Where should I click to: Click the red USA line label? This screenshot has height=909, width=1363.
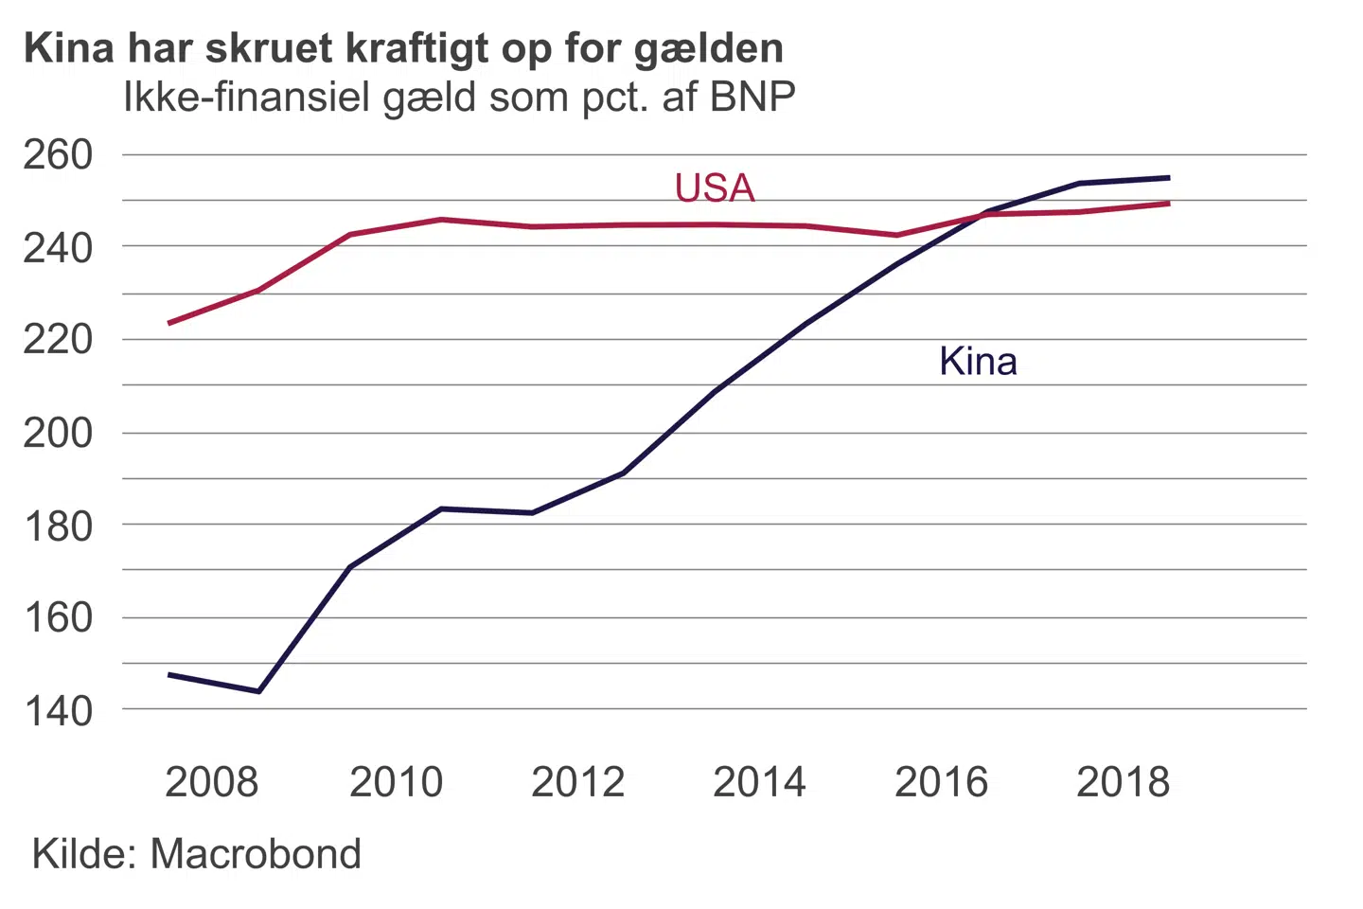coord(715,187)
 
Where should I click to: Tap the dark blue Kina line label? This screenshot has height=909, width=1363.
coord(978,361)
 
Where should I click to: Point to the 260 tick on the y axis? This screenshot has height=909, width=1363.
coord(59,154)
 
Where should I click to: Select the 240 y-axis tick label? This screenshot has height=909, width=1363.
coord(59,247)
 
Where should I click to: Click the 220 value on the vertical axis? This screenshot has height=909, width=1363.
coord(59,339)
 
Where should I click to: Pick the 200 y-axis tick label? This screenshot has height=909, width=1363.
coord(59,433)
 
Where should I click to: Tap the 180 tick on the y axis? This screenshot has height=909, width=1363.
coord(59,525)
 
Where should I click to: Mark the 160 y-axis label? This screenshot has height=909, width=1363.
coord(59,617)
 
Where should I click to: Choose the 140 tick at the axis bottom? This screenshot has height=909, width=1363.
coord(59,710)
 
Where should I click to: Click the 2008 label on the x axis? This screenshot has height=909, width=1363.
coord(211,782)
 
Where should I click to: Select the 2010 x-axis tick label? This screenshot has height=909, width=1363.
coord(396,782)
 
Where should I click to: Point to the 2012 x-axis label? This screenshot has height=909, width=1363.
coord(577,782)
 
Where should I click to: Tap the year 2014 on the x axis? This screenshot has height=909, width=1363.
coord(759,782)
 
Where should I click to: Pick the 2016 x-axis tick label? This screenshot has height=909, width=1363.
coord(941,782)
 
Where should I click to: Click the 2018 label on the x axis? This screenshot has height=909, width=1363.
coord(1123,782)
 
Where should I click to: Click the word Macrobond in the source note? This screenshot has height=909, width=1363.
coord(256,854)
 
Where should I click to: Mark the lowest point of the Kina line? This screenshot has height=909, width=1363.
coord(258,691)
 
